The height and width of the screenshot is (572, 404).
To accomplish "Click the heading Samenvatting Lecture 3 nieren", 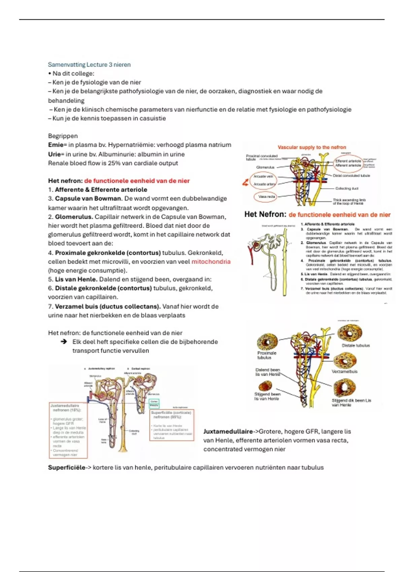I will (89, 65).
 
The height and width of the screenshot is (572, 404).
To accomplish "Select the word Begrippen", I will (63, 136).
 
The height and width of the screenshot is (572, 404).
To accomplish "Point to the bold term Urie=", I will (56, 154).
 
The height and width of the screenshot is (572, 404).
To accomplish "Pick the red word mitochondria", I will (211, 262).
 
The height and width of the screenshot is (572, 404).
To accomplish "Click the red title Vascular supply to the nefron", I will (312, 147).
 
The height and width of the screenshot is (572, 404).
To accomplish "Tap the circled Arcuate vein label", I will (263, 176).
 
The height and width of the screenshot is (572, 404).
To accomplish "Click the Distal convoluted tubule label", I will (351, 176).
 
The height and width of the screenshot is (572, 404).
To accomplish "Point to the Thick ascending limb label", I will (349, 202).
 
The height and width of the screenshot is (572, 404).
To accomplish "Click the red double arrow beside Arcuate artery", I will (245, 183).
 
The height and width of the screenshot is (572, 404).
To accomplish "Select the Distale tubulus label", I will (356, 346).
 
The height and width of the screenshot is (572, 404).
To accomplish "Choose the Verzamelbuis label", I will (344, 371).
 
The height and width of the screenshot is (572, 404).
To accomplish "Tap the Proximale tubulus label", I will (267, 355).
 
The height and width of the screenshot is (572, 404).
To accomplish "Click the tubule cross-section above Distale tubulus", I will (350, 332).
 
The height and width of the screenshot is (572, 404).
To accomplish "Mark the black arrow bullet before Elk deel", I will (64, 342).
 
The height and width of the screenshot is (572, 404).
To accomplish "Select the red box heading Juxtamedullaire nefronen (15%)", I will (65, 408).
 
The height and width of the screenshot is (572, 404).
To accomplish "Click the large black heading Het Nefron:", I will (265, 214).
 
